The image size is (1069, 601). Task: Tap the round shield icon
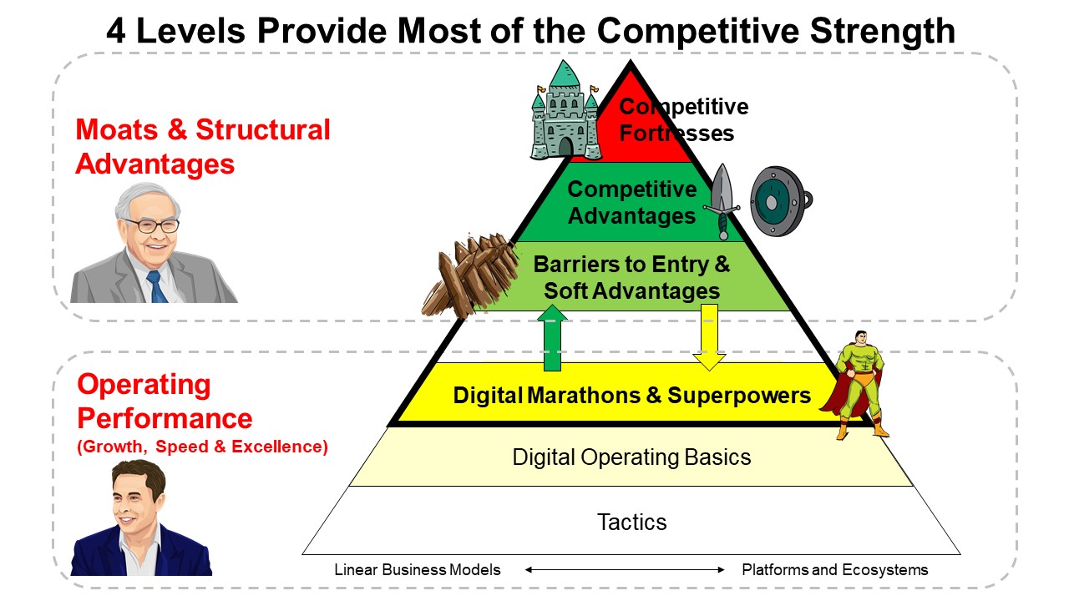pyautogui.click(x=781, y=201)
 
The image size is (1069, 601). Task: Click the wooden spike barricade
pyautogui.click(x=470, y=275)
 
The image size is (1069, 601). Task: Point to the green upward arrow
pyautogui.click(x=552, y=338)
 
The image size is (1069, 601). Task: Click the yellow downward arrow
pyautogui.click(x=709, y=337)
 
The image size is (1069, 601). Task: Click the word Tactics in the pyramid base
pyautogui.click(x=632, y=523)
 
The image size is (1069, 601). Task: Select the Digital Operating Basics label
pyautogui.click(x=632, y=457)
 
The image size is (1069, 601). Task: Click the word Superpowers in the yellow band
pyautogui.click(x=739, y=396)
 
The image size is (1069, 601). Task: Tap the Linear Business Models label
pyautogui.click(x=417, y=569)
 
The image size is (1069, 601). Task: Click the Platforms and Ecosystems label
pyautogui.click(x=834, y=569)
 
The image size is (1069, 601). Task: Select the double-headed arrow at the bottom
pyautogui.click(x=625, y=569)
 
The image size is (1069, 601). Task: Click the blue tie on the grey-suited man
pyautogui.click(x=156, y=286)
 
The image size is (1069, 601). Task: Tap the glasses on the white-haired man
pyautogui.click(x=152, y=225)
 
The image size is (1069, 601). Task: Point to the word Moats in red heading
pyautogui.click(x=116, y=129)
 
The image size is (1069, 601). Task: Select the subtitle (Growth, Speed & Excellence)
pyautogui.click(x=202, y=447)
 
